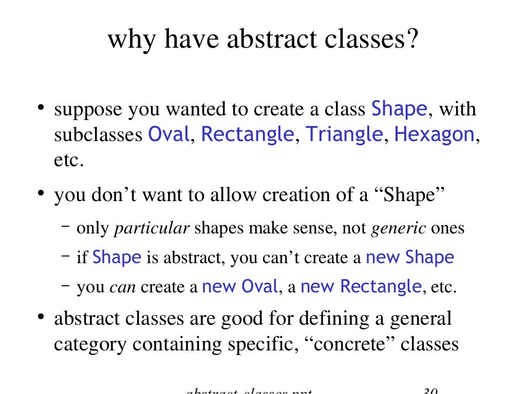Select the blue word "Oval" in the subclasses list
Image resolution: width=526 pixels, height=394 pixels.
coord(168,134)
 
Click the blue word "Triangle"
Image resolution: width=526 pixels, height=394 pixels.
coord(344,134)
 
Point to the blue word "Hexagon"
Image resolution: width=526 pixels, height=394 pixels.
coord(434,134)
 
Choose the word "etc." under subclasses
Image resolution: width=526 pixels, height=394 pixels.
coord(68,160)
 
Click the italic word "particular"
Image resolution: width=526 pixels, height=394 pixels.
coord(152,228)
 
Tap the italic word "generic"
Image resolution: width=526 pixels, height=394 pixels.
coord(399,228)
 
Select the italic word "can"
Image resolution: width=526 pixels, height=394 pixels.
coord(123,287)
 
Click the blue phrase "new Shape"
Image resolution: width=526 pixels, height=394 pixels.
coord(409,258)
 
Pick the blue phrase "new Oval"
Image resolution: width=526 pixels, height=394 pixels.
coord(240,286)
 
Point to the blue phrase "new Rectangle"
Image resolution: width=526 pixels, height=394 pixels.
coord(361,286)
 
